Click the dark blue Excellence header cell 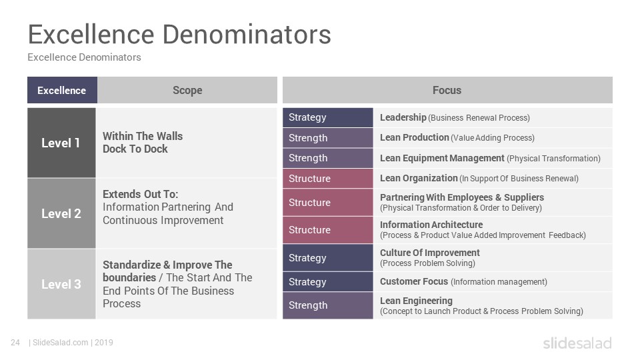pos(62,90)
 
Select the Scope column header pos(187,90)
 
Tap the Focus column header pos(447,90)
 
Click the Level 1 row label pos(61,143)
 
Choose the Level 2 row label pos(61,213)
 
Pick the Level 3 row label pos(61,284)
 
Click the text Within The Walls pos(143,136)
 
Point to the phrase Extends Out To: pos(141,194)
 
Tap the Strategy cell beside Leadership pos(328,117)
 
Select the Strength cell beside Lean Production pos(328,138)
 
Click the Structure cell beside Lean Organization pos(328,179)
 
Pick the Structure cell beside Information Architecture pos(328,230)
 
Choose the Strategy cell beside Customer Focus pos(328,281)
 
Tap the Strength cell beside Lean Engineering pos(328,305)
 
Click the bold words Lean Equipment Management pos(442,158)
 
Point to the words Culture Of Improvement pos(430,253)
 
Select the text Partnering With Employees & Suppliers pos(461,197)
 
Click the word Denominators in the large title pos(247,34)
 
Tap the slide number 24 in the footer pos(15,343)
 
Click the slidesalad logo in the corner pos(577,343)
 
